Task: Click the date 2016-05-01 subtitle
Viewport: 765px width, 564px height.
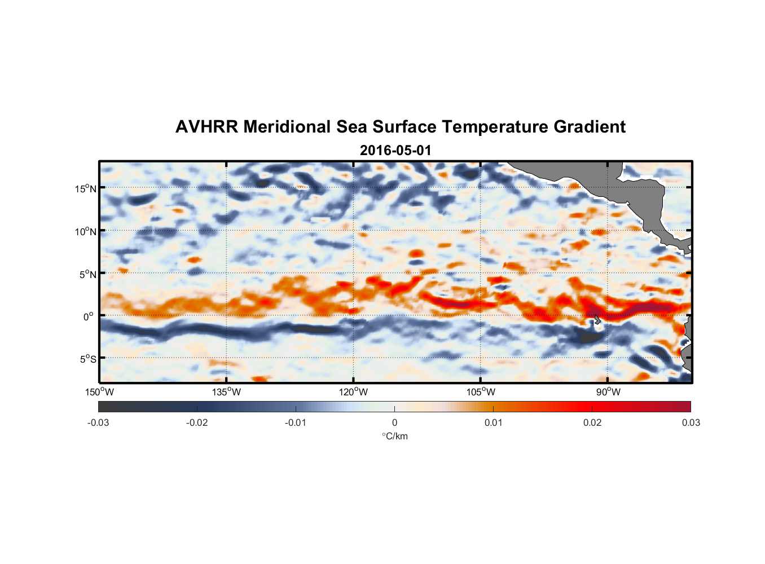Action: point(395,151)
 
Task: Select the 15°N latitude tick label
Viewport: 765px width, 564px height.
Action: point(86,188)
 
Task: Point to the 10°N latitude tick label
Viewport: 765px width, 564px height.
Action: point(86,231)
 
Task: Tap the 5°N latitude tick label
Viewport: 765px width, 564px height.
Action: point(87,274)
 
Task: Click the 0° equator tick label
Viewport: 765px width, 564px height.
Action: point(89,316)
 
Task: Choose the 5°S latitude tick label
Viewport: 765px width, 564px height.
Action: point(87,359)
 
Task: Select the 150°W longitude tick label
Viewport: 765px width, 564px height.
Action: point(100,392)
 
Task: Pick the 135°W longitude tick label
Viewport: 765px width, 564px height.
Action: point(227,392)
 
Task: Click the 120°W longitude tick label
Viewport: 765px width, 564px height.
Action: point(354,392)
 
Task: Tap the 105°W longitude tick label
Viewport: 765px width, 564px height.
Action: point(481,392)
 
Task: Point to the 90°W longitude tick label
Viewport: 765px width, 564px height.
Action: point(608,392)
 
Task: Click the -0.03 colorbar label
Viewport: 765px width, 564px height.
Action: point(98,422)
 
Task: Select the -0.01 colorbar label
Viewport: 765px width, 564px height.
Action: point(296,422)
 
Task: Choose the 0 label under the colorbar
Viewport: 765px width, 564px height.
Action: point(394,422)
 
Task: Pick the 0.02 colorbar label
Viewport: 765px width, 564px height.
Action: point(592,422)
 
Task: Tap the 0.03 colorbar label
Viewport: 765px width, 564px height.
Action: point(691,422)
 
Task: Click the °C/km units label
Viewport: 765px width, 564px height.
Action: point(394,436)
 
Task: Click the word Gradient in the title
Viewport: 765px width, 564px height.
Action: point(589,127)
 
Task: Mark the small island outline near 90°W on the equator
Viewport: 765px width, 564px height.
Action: point(597,320)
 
